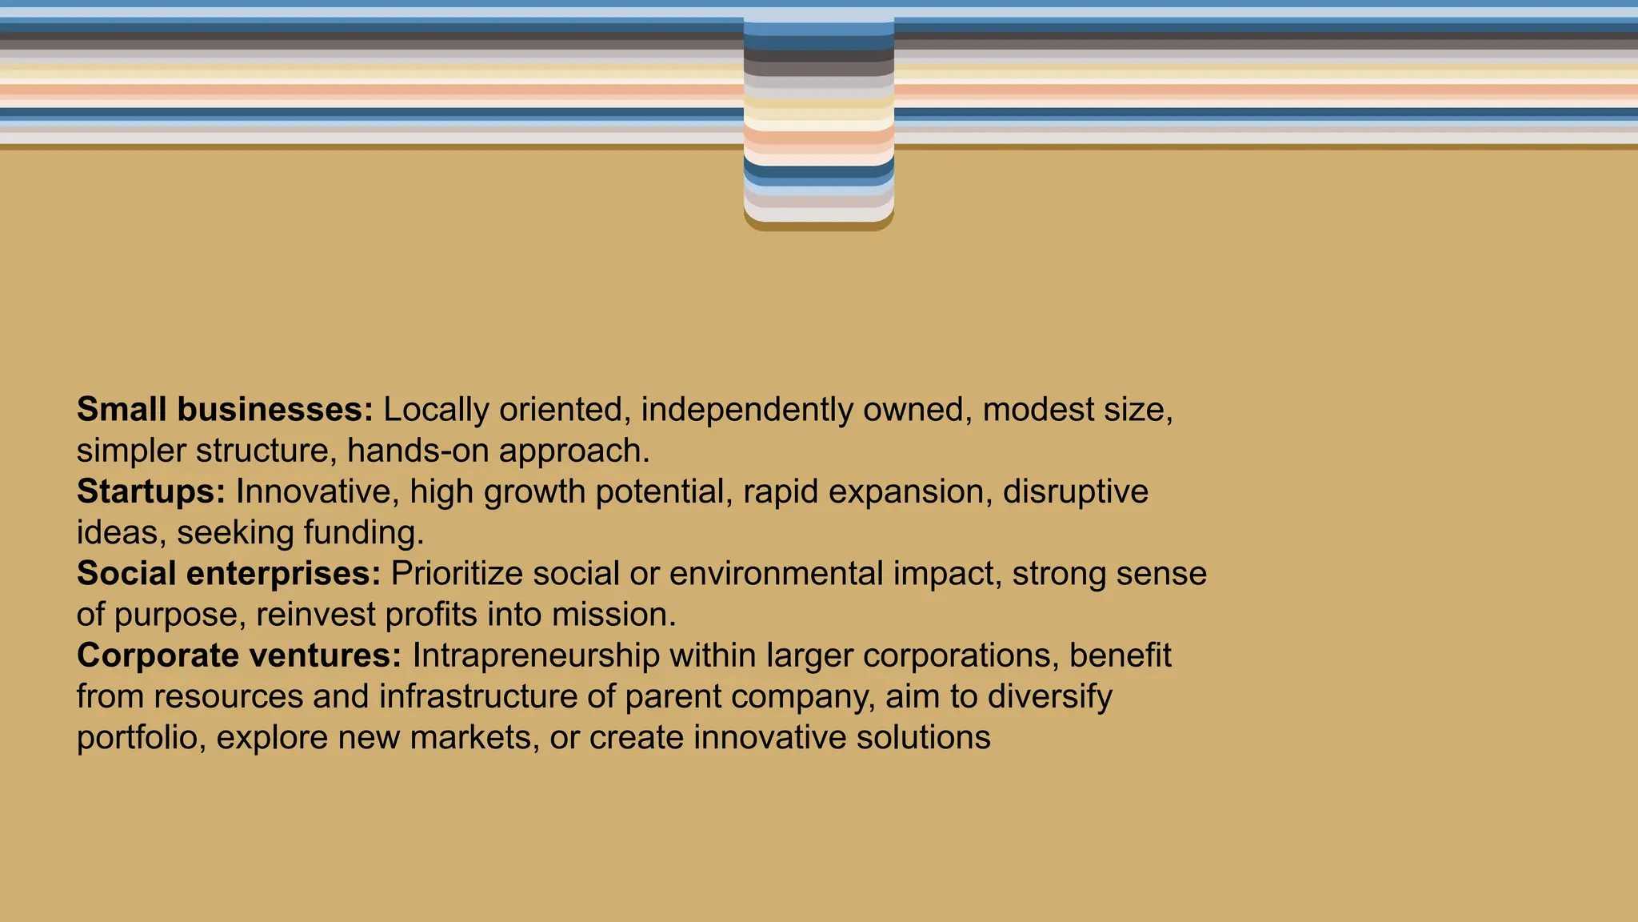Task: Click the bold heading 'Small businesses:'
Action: pyautogui.click(x=225, y=410)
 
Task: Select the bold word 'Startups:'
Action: pyautogui.click(x=151, y=491)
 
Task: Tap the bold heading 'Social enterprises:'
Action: pyautogui.click(x=229, y=574)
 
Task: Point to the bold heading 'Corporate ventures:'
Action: pyautogui.click(x=239, y=655)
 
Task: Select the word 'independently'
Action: pyautogui.click(x=747, y=410)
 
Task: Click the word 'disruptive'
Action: pyautogui.click(x=1075, y=491)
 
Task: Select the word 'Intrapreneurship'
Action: pyautogui.click(x=536, y=655)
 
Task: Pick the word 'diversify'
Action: pyautogui.click(x=1049, y=696)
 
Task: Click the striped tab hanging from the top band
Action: pyautogui.click(x=818, y=120)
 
